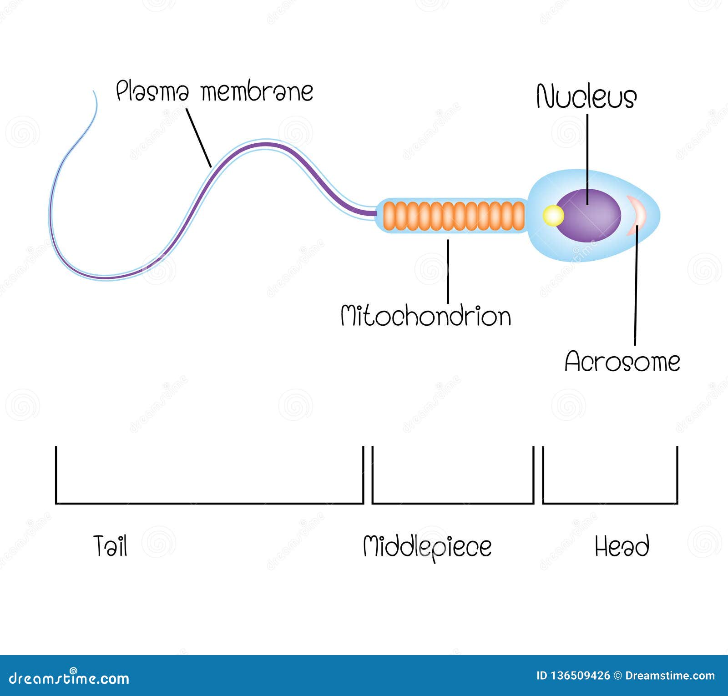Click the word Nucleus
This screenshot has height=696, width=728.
[586, 97]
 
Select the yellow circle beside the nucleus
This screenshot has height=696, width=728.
[553, 216]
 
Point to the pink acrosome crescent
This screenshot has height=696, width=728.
[636, 215]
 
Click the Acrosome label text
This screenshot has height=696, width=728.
[622, 362]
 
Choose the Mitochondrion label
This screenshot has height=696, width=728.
[426, 316]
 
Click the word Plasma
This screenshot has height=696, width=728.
[152, 91]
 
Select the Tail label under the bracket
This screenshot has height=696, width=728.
[110, 546]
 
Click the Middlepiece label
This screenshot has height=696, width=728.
[427, 546]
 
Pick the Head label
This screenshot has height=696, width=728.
[622, 546]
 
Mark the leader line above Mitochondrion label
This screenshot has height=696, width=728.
[448, 271]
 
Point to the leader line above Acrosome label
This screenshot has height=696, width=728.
[636, 291]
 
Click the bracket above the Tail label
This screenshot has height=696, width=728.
[209, 503]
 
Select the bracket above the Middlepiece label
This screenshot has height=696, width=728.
[453, 503]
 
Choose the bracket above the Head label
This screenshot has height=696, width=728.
[610, 503]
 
